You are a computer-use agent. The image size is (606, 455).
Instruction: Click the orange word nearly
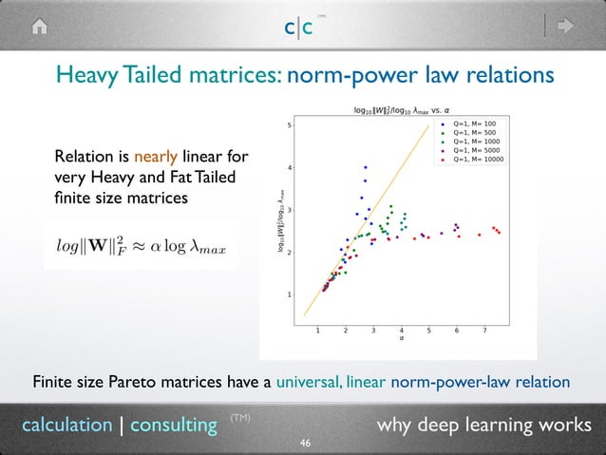(x=156, y=157)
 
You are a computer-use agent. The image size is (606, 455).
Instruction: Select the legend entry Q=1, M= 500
(x=472, y=132)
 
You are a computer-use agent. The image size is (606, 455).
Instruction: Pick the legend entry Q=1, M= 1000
(x=474, y=142)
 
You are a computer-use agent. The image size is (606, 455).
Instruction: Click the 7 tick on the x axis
(x=484, y=331)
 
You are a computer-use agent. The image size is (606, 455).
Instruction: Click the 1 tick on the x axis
(x=317, y=331)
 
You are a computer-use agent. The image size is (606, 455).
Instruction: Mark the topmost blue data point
(x=366, y=166)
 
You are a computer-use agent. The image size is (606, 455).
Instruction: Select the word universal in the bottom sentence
(x=309, y=382)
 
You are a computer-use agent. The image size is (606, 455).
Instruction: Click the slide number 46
(x=305, y=444)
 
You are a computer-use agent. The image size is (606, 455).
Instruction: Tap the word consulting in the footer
(x=174, y=425)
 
